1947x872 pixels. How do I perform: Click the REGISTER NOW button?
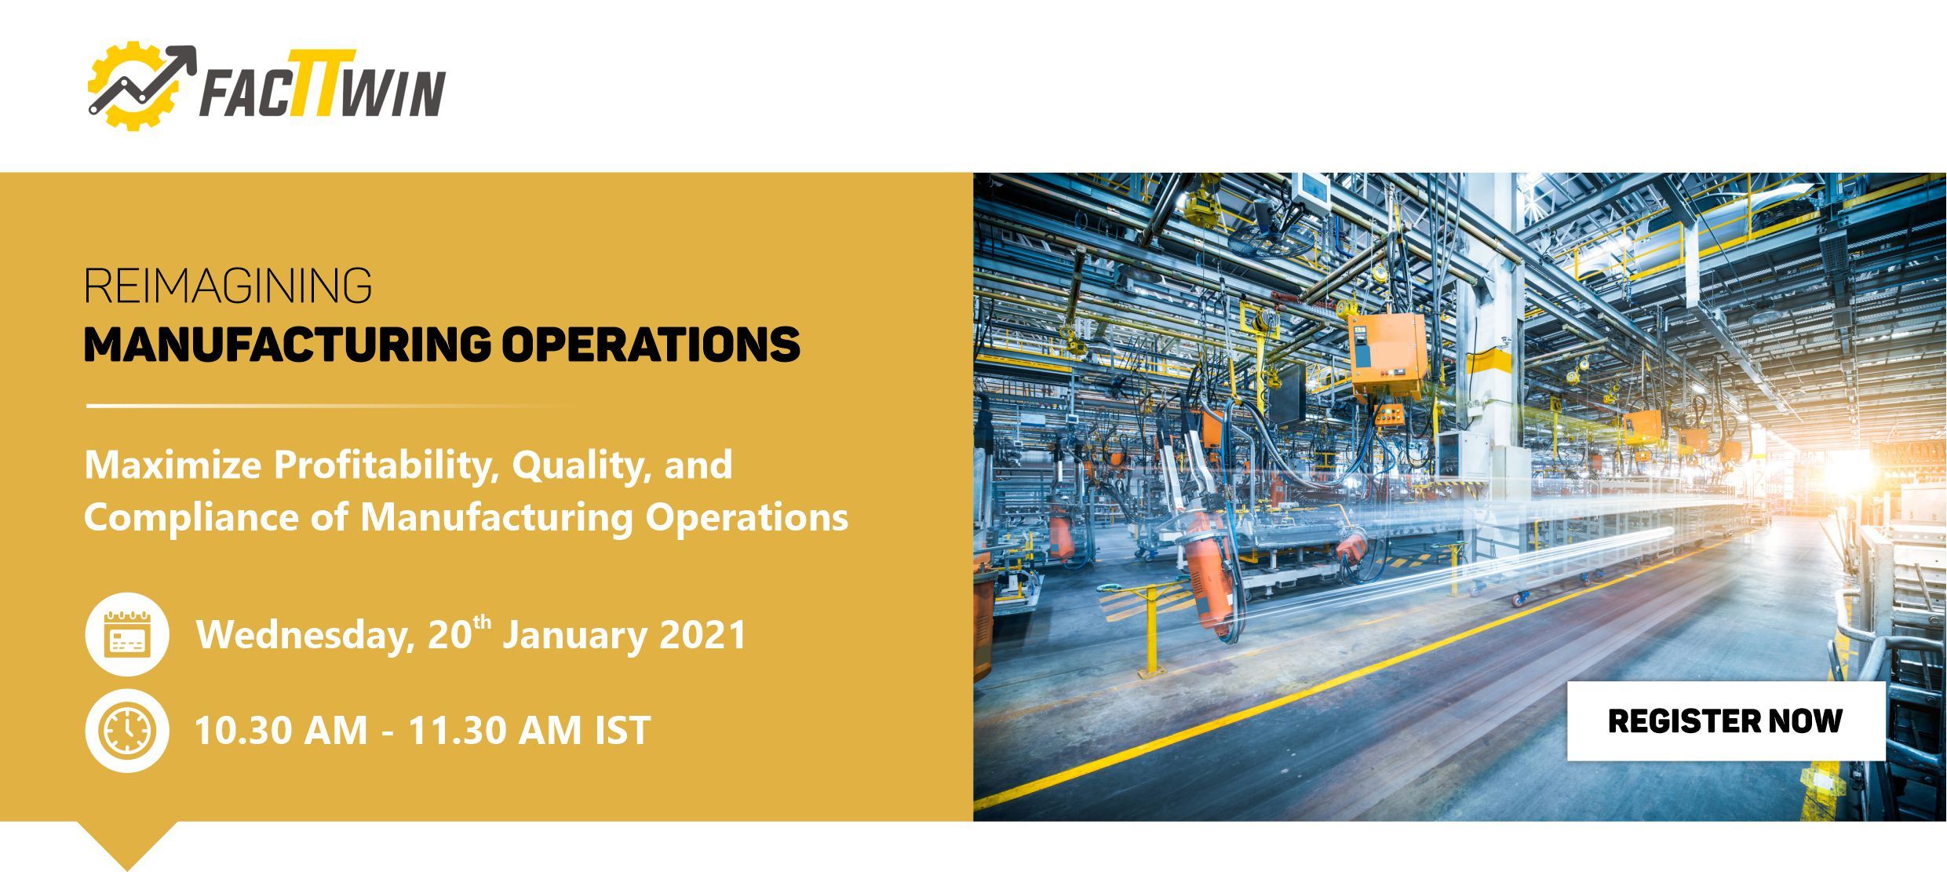[x=1726, y=721]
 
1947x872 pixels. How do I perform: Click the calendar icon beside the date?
[x=127, y=634]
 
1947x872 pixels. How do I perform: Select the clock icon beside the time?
[x=127, y=731]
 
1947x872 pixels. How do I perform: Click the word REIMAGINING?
[x=228, y=286]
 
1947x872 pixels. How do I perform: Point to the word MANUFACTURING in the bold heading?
[x=287, y=345]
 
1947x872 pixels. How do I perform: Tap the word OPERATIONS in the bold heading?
[x=651, y=345]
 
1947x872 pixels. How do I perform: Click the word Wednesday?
[x=305, y=635]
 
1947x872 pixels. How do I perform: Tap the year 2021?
[x=702, y=635]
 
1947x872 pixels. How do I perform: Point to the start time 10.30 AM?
[x=281, y=731]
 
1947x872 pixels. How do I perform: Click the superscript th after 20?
[x=483, y=623]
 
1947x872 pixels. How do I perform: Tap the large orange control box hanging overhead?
[x=1387, y=356]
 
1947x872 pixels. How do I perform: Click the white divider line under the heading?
[x=330, y=406]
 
